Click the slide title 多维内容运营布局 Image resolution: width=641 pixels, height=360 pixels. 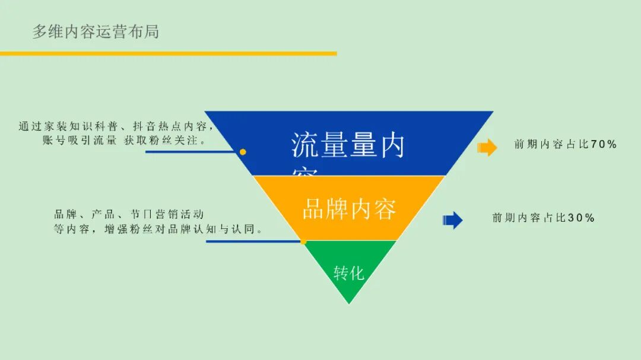pos(96,31)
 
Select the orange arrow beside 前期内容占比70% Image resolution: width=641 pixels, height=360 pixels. pos(487,147)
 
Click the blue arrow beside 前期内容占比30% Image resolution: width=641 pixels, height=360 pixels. pos(453,220)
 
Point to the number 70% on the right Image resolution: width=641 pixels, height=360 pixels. pos(604,144)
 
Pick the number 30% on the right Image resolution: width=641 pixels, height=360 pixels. pos(581,218)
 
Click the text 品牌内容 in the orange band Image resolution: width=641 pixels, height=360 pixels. pos(349,209)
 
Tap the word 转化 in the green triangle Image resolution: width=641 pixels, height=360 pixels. pos(348,273)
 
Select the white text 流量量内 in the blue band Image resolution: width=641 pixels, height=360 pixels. pos(347,145)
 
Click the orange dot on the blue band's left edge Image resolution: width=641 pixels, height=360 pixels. pos(243,152)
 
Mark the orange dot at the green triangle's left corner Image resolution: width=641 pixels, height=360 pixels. pos(303,241)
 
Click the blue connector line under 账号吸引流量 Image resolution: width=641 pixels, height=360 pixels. pos(190,152)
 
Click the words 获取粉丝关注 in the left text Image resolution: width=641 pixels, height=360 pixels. pos(164,141)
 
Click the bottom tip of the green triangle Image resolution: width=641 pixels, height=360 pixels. pos(349,302)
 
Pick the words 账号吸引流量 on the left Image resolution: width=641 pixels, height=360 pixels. pos(80,141)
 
